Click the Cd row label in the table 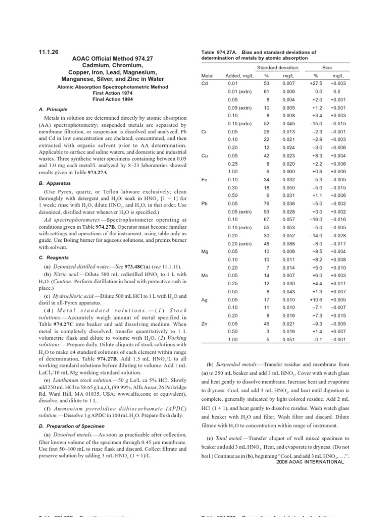coord(205,83)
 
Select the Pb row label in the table coord(205,203)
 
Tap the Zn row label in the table coord(205,323)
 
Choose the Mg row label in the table coord(205,251)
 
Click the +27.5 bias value coord(316,83)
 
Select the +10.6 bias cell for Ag coord(316,299)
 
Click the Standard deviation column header coord(277,67)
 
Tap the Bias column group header coord(327,67)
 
